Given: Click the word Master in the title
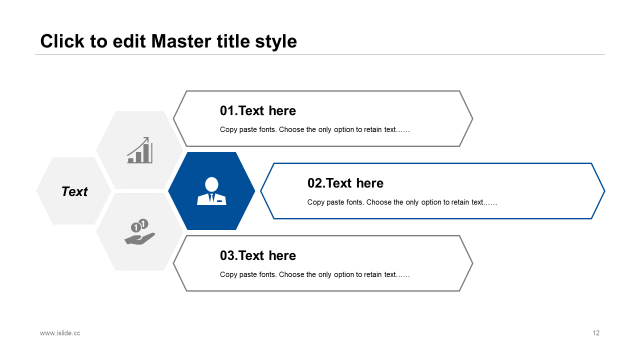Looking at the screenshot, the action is tap(181, 41).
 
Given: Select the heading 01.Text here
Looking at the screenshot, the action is tap(257, 110).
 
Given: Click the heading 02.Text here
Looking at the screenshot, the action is tap(345, 183).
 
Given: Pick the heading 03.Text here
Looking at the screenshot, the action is tap(257, 255).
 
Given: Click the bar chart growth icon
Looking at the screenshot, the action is tap(139, 150).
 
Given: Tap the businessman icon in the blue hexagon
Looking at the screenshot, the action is tap(211, 191).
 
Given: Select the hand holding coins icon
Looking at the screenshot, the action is tap(139, 231).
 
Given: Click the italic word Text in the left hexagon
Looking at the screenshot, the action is tap(74, 191).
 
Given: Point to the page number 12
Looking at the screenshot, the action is tap(596, 333).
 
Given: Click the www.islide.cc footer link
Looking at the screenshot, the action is tap(60, 333).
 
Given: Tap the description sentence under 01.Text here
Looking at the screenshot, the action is tap(315, 129).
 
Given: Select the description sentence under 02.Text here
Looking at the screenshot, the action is tap(402, 202).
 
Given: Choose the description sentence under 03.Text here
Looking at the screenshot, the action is tap(315, 274).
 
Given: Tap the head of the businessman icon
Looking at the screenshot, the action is tap(211, 184).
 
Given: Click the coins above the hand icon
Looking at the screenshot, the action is tap(139, 225).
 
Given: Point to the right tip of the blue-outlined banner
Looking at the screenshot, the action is tap(604, 191).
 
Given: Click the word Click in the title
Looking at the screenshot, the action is tap(62, 41).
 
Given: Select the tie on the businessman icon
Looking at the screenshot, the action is tap(211, 198).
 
